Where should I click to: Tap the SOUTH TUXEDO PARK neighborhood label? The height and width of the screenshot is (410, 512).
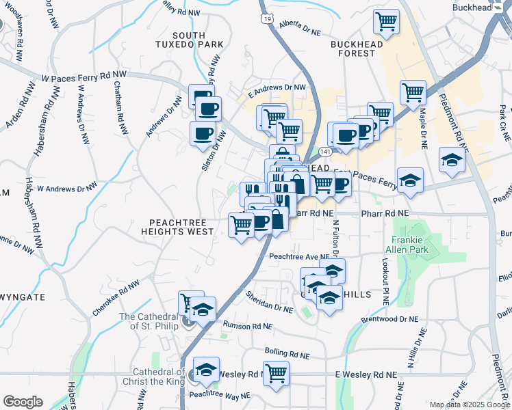point(199,39)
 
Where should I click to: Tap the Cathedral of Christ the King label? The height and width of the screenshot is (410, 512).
point(151,377)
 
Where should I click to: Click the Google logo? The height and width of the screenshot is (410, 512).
point(23,402)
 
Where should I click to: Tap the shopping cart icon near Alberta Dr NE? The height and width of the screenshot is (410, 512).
point(387,22)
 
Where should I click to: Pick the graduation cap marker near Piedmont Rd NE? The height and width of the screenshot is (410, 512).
point(452,160)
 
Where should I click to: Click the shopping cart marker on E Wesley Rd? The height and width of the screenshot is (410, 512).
point(277,374)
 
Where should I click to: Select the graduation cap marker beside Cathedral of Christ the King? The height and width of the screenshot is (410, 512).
point(206,369)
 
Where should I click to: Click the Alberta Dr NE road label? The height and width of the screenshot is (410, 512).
point(300,27)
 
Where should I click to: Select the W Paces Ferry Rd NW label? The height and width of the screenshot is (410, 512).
point(85,77)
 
